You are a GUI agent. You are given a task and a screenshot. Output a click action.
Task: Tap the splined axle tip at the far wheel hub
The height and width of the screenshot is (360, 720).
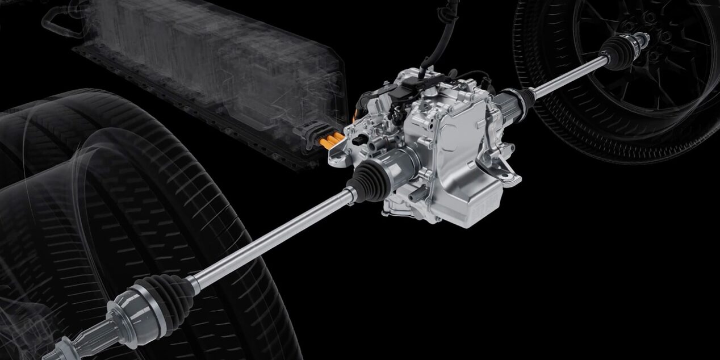click(x=642, y=40)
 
